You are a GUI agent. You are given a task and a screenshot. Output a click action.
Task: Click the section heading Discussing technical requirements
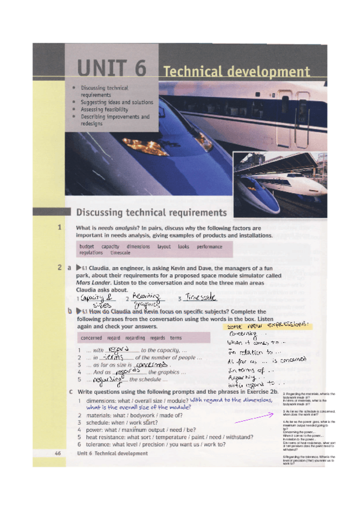point(151,212)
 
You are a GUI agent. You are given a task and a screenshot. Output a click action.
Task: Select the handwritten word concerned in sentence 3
point(150,365)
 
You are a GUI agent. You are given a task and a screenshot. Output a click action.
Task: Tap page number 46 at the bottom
point(57,453)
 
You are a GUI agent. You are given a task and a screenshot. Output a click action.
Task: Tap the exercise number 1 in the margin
point(59,228)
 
